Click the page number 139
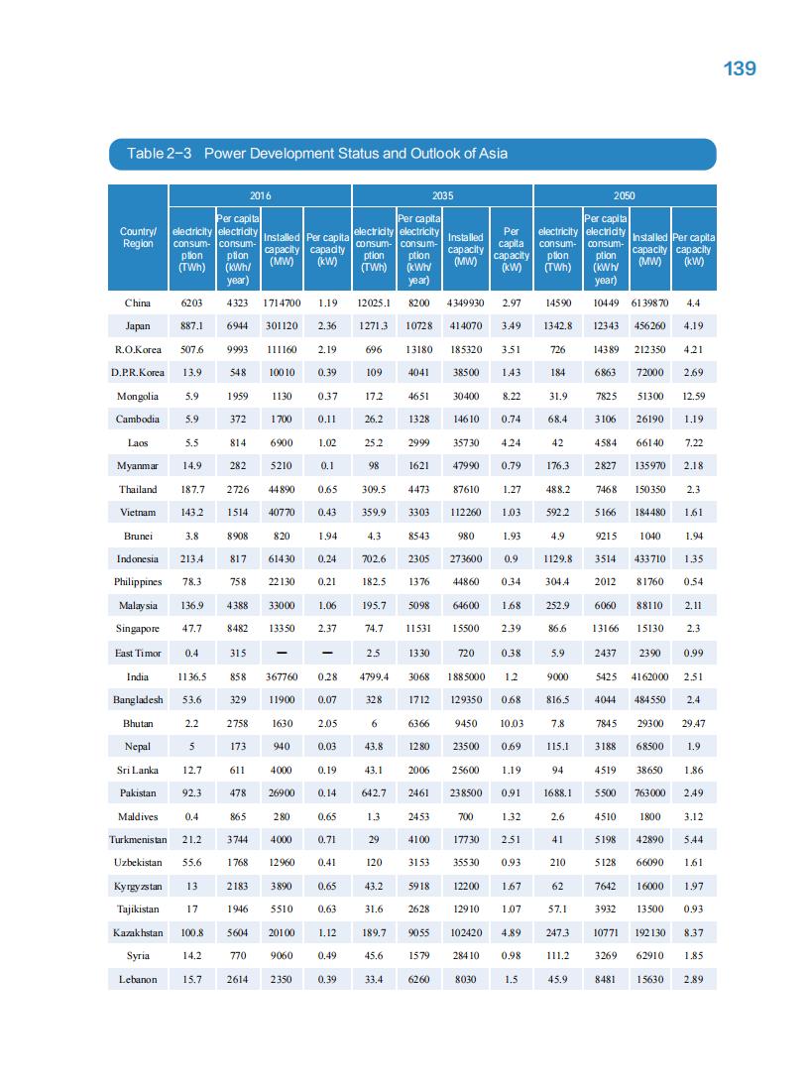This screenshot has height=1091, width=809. (x=740, y=67)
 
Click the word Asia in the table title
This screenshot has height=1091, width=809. (x=493, y=153)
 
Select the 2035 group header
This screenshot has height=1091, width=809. (x=442, y=195)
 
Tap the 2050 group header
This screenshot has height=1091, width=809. (x=624, y=195)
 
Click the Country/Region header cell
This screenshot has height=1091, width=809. (x=138, y=239)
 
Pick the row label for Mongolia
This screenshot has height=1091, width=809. (x=138, y=396)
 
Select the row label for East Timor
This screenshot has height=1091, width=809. (x=138, y=653)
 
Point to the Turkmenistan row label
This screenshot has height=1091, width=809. (x=138, y=839)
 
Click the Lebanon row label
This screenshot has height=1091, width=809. (x=138, y=979)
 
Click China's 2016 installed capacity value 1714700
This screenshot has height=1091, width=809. (x=282, y=303)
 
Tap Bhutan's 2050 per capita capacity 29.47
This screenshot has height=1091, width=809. (x=694, y=723)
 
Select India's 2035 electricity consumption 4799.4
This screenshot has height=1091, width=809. (x=374, y=676)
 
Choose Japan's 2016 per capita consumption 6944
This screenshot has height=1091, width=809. (x=237, y=325)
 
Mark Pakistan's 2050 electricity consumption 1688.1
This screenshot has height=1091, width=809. (x=558, y=792)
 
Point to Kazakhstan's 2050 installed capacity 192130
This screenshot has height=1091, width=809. (x=649, y=932)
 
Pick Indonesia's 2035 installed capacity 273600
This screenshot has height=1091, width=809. (x=465, y=559)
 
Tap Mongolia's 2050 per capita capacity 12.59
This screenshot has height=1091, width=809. (x=694, y=396)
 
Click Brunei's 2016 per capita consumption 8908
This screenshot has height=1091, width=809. (x=237, y=536)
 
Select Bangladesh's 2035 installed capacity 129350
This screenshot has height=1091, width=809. (x=465, y=699)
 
